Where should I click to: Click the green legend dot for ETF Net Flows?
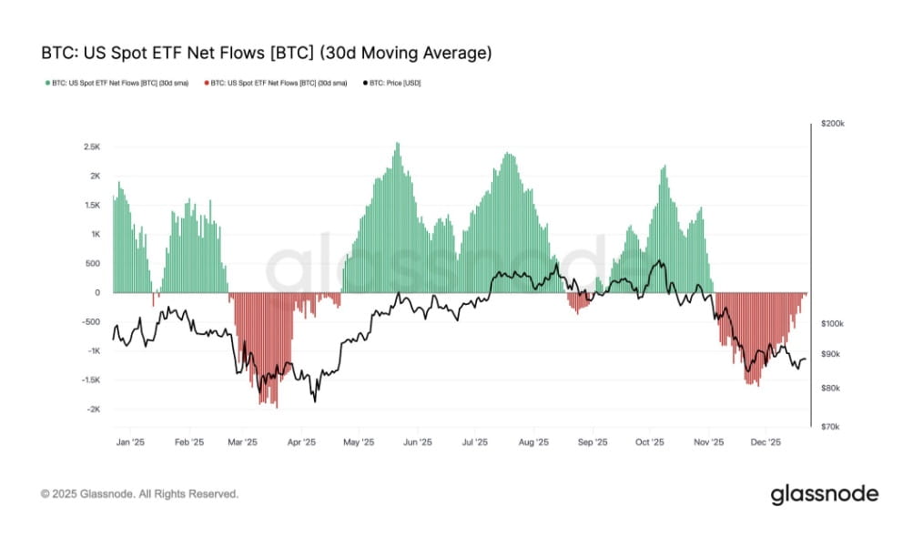[46, 83]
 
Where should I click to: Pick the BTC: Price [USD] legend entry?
[391, 83]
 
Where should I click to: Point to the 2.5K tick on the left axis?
[91, 147]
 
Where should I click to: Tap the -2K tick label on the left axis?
[91, 410]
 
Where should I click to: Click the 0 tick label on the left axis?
[96, 293]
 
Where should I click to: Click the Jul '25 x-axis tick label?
[475, 442]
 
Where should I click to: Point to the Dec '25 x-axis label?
[766, 442]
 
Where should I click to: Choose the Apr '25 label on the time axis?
[300, 442]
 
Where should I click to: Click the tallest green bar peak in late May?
[397, 144]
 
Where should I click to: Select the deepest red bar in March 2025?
[276, 406]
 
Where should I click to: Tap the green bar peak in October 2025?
[665, 167]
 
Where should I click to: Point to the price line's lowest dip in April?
[315, 400]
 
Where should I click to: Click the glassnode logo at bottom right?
[824, 494]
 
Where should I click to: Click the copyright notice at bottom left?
[139, 494]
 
